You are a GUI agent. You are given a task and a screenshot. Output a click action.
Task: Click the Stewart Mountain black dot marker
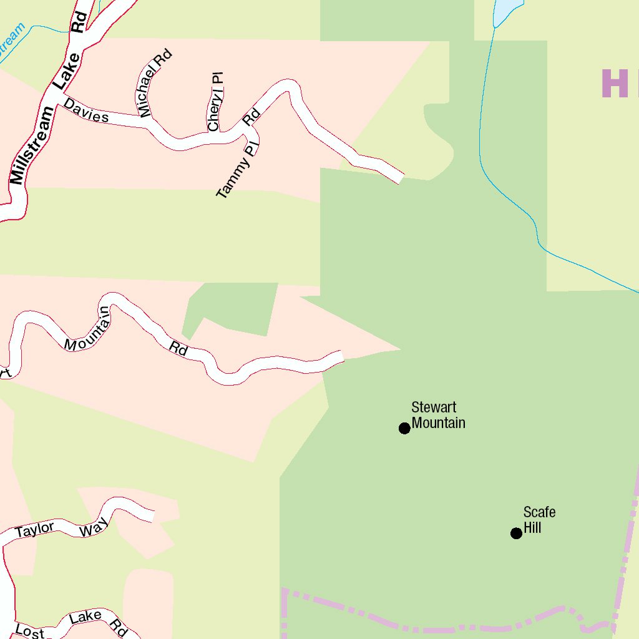click(404, 427)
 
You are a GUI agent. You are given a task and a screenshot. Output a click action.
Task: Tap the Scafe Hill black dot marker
click(516, 533)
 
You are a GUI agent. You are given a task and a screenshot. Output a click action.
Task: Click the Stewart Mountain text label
click(438, 416)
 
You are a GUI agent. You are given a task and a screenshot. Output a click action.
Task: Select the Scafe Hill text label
click(539, 520)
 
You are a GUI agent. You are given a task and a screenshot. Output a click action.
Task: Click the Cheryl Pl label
click(215, 102)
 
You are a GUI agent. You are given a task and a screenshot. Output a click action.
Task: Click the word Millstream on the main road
click(32, 145)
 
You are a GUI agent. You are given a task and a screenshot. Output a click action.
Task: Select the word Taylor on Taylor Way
click(35, 530)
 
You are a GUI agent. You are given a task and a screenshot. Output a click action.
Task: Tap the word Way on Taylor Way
click(94, 527)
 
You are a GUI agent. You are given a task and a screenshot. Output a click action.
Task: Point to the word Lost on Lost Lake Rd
click(30, 631)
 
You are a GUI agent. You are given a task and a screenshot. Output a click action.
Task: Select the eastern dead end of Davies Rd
click(399, 177)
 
